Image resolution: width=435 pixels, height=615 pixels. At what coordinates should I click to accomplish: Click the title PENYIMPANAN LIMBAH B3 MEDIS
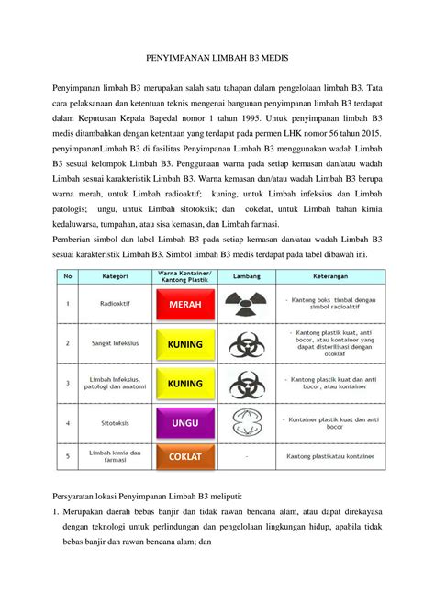pos(217,58)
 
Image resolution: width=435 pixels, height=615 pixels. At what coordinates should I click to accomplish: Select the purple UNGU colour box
pos(184,423)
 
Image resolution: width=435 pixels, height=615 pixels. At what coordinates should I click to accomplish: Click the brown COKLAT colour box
pos(184,455)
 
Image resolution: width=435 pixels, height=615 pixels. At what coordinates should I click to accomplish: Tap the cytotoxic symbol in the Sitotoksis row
pos(245,423)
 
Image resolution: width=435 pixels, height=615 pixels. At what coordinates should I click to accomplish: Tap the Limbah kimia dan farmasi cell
pos(108,455)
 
